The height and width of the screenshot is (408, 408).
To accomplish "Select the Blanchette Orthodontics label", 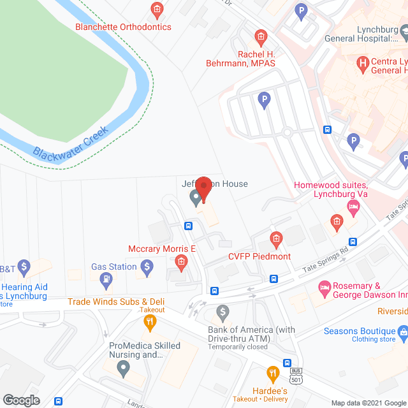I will (123, 27).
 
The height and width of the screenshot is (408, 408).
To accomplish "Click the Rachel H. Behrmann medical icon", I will (259, 36).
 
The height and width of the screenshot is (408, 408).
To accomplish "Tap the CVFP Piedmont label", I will (259, 256).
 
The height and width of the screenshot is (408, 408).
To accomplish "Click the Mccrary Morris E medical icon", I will (181, 262).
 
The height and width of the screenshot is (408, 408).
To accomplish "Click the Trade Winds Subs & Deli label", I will (117, 301).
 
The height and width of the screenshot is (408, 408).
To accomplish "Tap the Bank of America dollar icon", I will (222, 312).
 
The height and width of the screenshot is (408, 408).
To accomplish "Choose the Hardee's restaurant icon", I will (273, 372).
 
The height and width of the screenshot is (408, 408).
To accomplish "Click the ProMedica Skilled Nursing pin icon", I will (123, 367).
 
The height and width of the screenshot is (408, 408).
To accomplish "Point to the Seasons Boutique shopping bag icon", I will (403, 331).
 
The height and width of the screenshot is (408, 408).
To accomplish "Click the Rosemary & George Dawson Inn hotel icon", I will (324, 288).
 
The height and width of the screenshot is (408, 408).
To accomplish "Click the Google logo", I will (21, 400).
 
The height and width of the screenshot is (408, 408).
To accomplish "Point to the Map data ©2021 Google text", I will (367, 402).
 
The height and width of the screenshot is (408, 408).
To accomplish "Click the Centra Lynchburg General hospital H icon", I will (363, 63).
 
